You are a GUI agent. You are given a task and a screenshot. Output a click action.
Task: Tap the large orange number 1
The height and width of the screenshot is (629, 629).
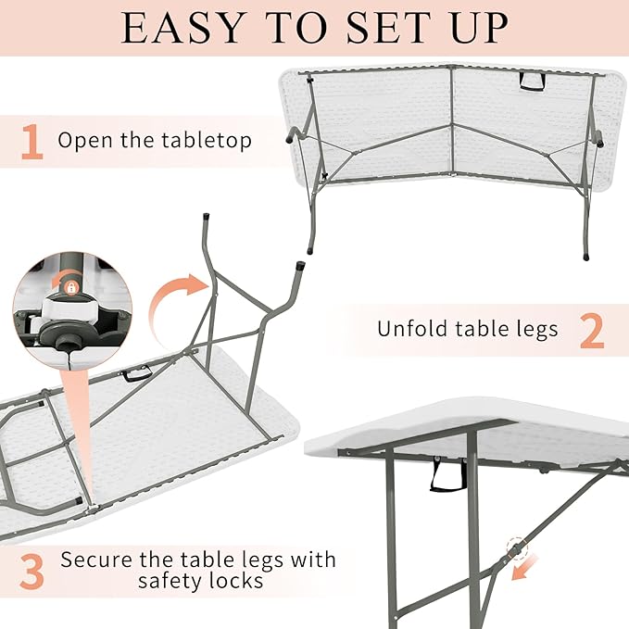[31, 142]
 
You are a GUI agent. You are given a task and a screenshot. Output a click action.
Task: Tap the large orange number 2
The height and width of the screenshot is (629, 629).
[592, 330]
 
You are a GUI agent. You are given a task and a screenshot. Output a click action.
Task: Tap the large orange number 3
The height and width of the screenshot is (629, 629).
[31, 571]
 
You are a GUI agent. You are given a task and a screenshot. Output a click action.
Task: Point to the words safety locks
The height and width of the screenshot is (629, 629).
[200, 582]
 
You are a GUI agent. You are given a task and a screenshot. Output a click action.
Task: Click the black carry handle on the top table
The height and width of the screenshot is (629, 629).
[532, 82]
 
